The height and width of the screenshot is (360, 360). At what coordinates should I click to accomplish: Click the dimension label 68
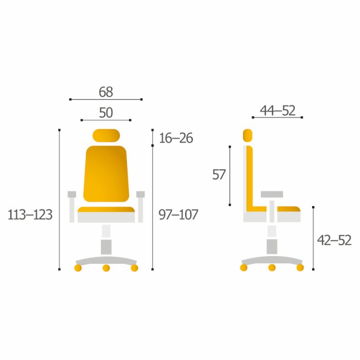click(x=106, y=92)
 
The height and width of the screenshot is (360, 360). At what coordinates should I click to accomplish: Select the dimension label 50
click(x=106, y=113)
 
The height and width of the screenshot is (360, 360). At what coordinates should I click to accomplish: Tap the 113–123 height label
click(x=30, y=215)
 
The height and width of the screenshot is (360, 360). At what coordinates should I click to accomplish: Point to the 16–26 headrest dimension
click(x=176, y=138)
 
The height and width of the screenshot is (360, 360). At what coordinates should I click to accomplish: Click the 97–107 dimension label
click(x=178, y=214)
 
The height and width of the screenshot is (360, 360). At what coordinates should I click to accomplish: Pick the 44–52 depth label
click(x=278, y=111)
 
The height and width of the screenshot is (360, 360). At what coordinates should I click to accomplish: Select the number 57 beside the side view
click(x=219, y=174)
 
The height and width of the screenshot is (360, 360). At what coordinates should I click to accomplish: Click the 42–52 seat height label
click(x=334, y=240)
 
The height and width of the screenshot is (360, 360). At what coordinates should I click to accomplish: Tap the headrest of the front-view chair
click(x=106, y=135)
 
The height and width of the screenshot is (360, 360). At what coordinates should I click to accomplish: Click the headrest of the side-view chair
click(x=247, y=135)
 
